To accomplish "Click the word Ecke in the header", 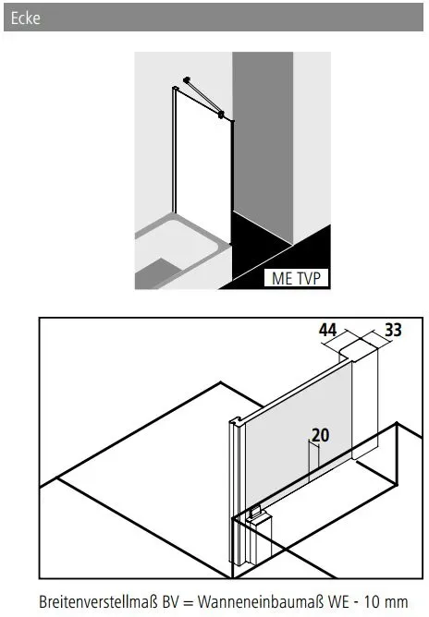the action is pyautogui.click(x=25, y=18).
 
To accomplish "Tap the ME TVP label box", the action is pyautogui.click(x=297, y=278).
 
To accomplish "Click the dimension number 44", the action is pyautogui.click(x=327, y=330).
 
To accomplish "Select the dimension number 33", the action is pyautogui.click(x=393, y=330).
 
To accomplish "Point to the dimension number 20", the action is pyautogui.click(x=320, y=435).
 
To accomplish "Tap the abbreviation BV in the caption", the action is pyautogui.click(x=170, y=602).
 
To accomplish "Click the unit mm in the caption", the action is pyautogui.click(x=397, y=604).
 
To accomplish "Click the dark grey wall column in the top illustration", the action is pyautogui.click(x=263, y=146).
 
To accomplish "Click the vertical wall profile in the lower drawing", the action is pyautogui.click(x=236, y=492).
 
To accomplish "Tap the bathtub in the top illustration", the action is pyautogui.click(x=181, y=252).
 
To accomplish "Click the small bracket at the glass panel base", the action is pyautogui.click(x=255, y=513).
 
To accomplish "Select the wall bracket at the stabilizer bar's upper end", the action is pyautogui.click(x=187, y=79).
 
